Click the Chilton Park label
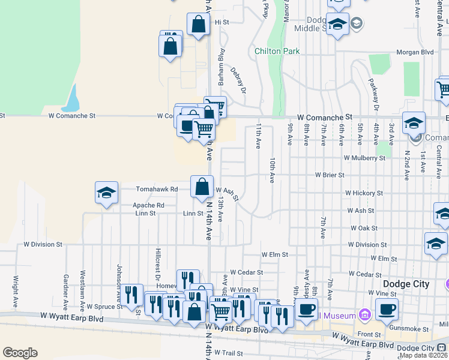pyautogui.click(x=277, y=51)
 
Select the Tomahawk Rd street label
pyautogui.click(x=157, y=189)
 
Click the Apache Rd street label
pyautogui.click(x=148, y=205)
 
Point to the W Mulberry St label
pyautogui.click(x=364, y=158)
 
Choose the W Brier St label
pyautogui.click(x=330, y=175)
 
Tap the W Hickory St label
pyautogui.click(x=364, y=193)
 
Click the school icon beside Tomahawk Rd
pyautogui.click(x=106, y=193)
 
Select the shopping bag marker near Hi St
pyautogui.click(x=197, y=25)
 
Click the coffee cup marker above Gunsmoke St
pyautogui.click(x=387, y=308)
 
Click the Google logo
pyautogui.click(x=20, y=353)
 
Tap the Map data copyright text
pyautogui.click(x=422, y=355)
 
